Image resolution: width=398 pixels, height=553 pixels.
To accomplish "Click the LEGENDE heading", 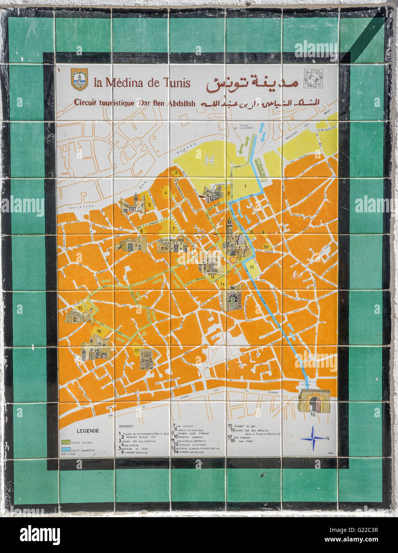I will [88, 430].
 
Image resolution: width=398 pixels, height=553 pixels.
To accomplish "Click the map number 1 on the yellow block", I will [245, 186].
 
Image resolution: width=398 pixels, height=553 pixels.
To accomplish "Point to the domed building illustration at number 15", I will [76, 317].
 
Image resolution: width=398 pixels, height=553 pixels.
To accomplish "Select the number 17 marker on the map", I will [136, 351].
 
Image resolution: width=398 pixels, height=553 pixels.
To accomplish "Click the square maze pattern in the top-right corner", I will [313, 78].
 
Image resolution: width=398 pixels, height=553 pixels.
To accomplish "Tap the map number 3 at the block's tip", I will [176, 172].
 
